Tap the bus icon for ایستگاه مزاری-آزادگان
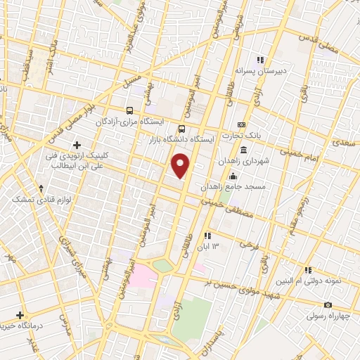pyautogui.click(x=129, y=110)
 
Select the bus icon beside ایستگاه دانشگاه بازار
pyautogui.click(x=182, y=129)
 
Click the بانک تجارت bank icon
pyautogui.click(x=242, y=124)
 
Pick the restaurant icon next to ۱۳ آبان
pyautogui.click(x=207, y=236)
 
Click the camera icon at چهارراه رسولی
pyautogui.click(x=327, y=304)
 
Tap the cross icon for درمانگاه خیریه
pyautogui.click(x=20, y=315)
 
